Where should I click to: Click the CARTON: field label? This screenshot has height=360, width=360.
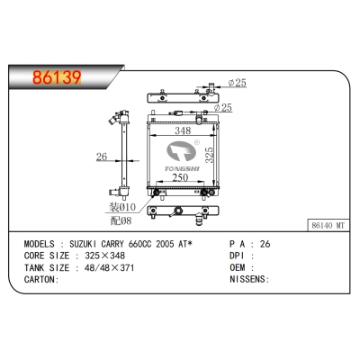pyautogui.click(x=40, y=279)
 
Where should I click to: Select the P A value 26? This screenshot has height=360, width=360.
pyautogui.click(x=265, y=244)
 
